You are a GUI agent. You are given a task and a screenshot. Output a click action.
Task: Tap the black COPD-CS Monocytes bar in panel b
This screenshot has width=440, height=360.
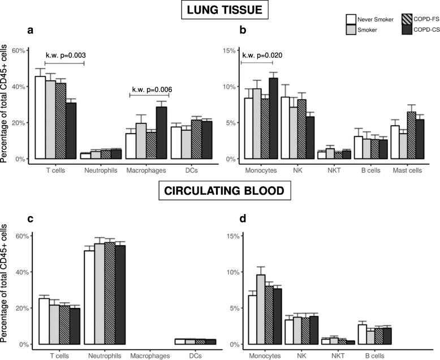274,118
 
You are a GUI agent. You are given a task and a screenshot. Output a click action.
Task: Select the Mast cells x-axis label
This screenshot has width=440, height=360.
411,169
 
